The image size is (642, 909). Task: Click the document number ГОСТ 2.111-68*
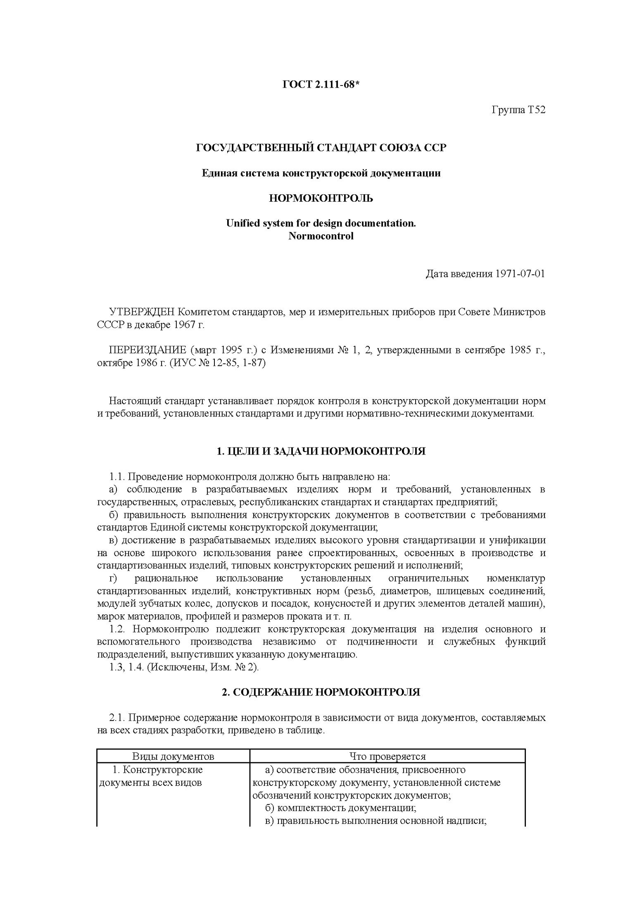[x=321, y=85]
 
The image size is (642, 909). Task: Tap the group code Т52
[x=536, y=110]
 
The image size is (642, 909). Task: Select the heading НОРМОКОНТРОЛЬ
[x=321, y=198]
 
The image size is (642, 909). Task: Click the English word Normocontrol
[x=321, y=236]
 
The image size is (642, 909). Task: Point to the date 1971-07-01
[x=519, y=274]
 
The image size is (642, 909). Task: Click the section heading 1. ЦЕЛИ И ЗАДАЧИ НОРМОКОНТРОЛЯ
[x=321, y=451]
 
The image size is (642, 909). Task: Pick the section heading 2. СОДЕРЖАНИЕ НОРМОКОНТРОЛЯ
[x=321, y=692]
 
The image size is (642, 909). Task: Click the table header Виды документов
[x=173, y=757]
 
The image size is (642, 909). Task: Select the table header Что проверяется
[x=387, y=757]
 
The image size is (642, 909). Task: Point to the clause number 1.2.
[x=120, y=629]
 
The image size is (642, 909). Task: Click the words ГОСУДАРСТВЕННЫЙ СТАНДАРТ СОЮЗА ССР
[x=321, y=148]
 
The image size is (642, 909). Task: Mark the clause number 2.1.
[x=117, y=718]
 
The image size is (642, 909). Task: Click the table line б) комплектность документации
[x=340, y=808]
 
